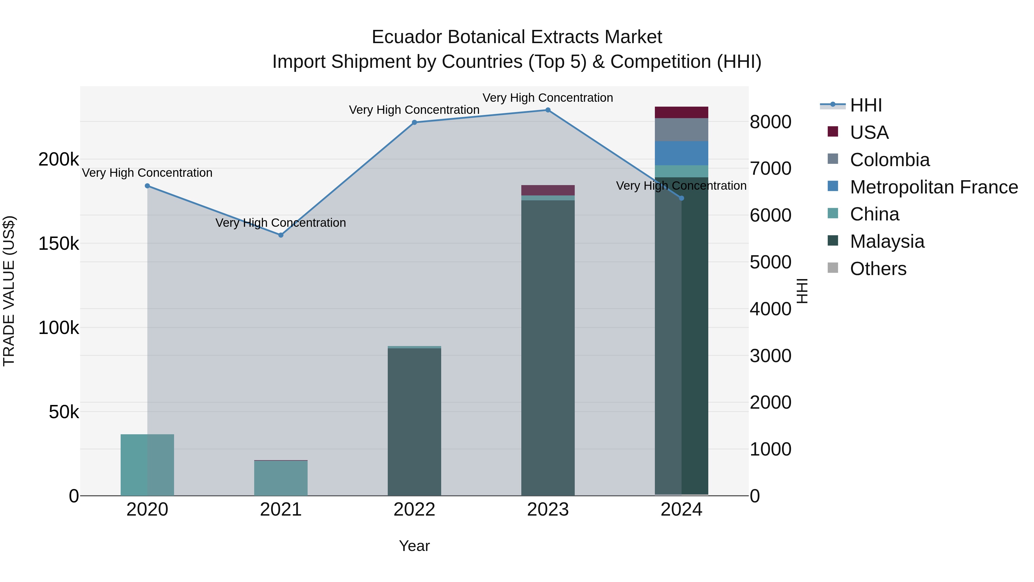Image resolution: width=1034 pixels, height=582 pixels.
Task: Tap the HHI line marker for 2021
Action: pos(281,235)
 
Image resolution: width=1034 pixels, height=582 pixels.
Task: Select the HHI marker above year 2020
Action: pos(147,186)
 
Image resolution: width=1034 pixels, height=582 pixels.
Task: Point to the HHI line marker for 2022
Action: pos(414,122)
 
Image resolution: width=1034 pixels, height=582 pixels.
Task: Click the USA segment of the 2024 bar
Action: pos(681,112)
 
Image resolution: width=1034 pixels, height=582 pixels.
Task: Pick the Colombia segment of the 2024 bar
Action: pos(681,130)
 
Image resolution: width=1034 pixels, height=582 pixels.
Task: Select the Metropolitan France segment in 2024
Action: pos(681,153)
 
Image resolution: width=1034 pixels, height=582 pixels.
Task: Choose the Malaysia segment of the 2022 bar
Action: pos(414,422)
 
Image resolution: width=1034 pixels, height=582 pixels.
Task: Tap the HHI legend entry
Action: pos(866,105)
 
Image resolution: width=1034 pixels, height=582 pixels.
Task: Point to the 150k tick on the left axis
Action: pos(59,243)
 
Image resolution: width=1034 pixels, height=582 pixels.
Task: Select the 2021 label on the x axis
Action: pos(281,510)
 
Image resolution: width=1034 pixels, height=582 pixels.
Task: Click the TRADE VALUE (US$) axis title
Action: pos(9,291)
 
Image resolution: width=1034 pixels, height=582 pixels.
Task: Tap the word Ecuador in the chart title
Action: pos(407,37)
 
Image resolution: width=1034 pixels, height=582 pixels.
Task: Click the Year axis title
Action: pos(414,546)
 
